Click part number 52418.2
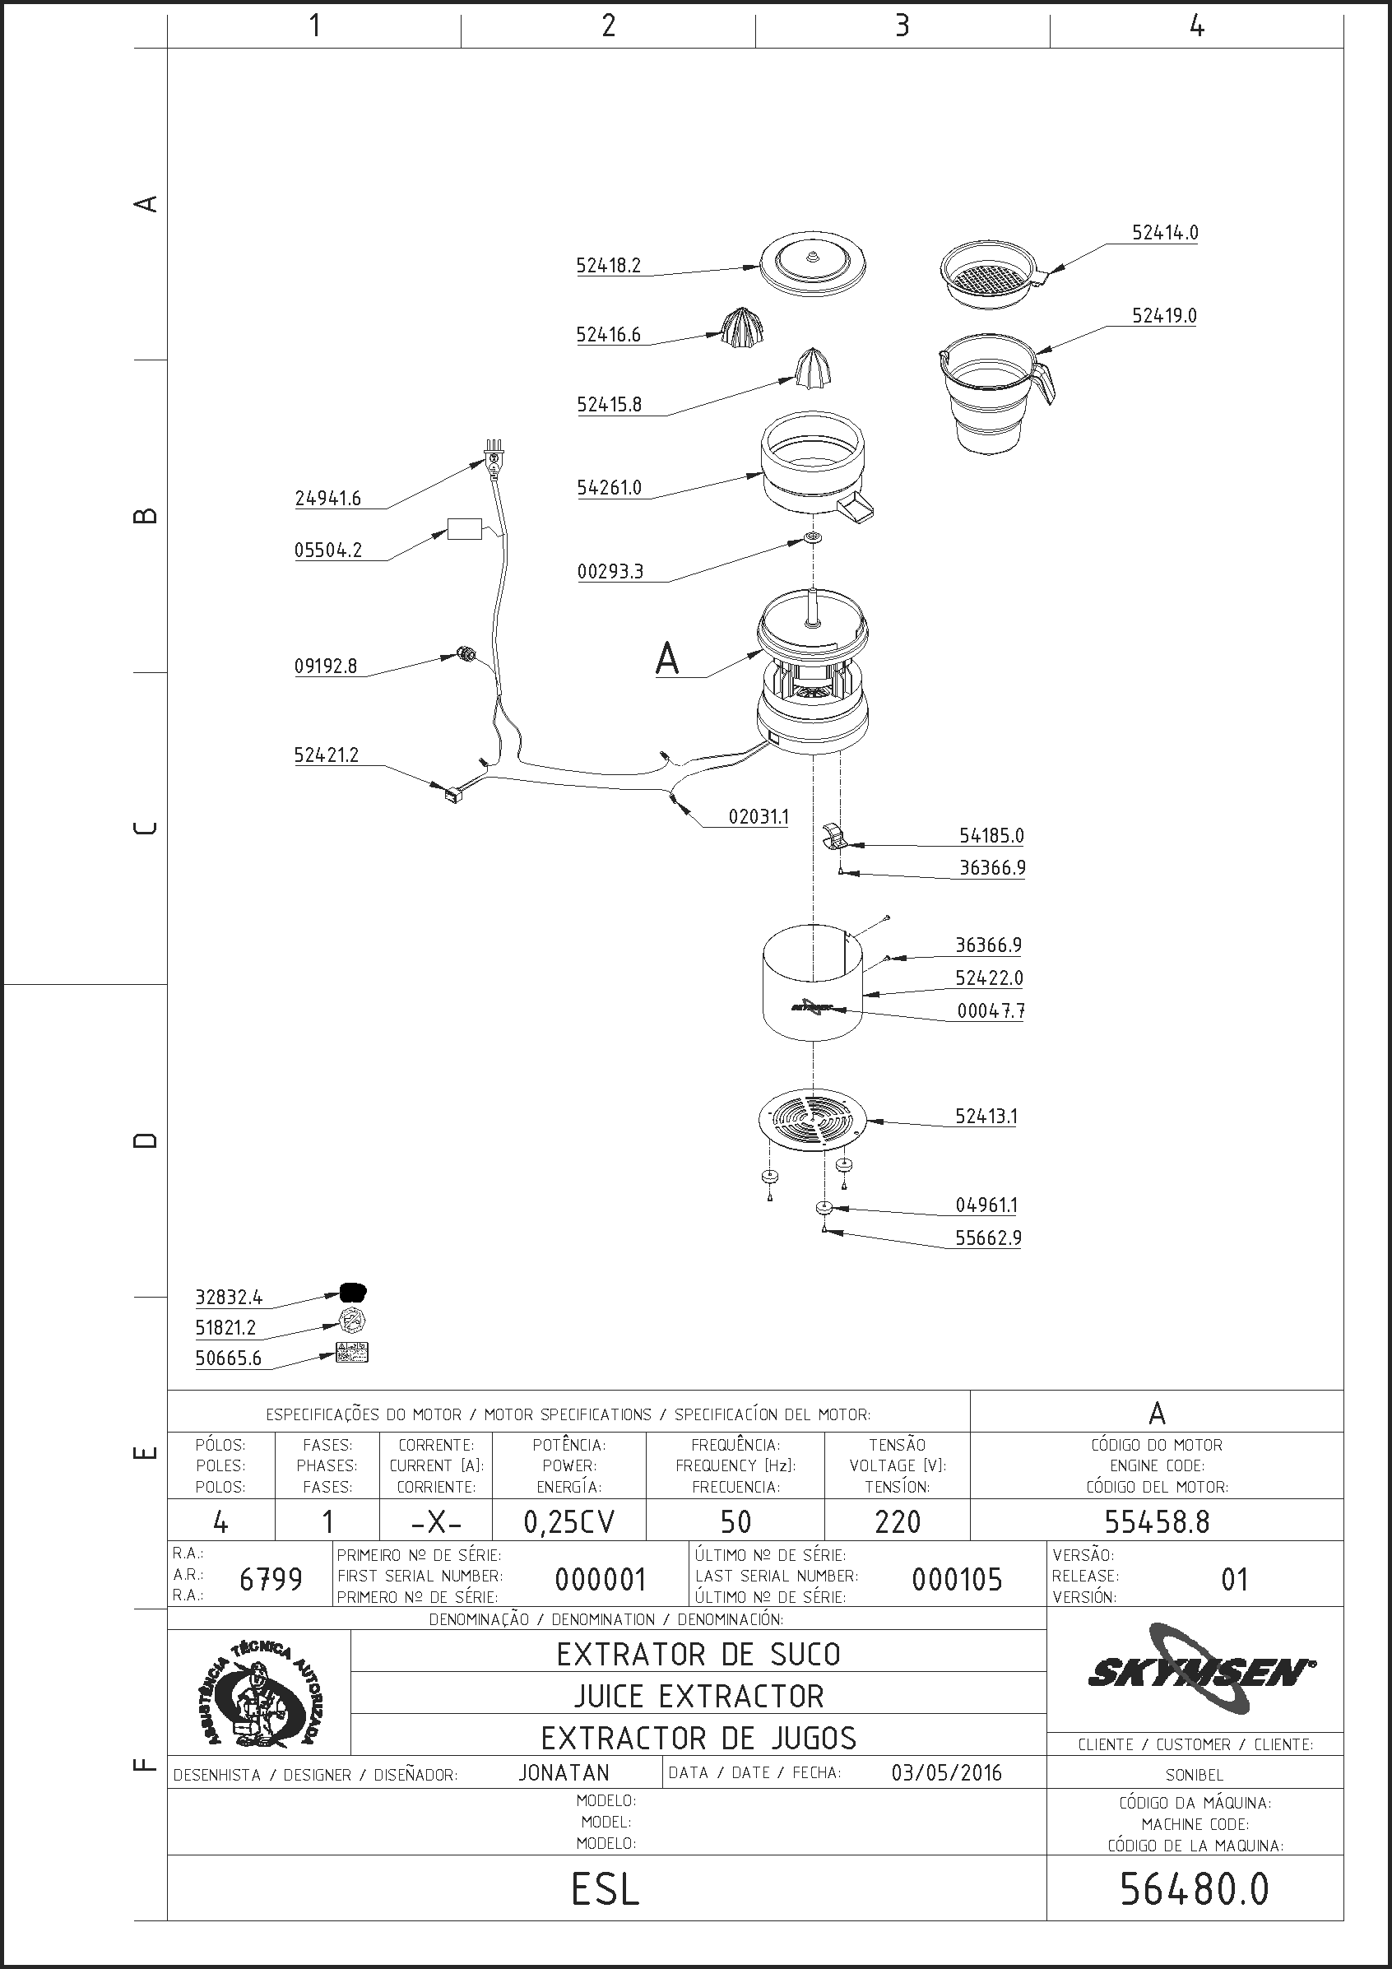pyautogui.click(x=608, y=266)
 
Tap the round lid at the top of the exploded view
pyautogui.click(x=812, y=264)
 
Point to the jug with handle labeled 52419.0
pyautogui.click(x=995, y=393)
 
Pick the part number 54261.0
pyautogui.click(x=609, y=488)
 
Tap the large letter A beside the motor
pyautogui.click(x=667, y=658)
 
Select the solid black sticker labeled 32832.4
pyautogui.click(x=354, y=1292)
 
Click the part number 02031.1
pyautogui.click(x=759, y=816)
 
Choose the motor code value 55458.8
pyautogui.click(x=1156, y=1521)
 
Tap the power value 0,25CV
pyautogui.click(x=569, y=1521)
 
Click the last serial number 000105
pyautogui.click(x=956, y=1579)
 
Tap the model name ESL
pyautogui.click(x=606, y=1890)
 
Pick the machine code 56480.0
pyautogui.click(x=1194, y=1889)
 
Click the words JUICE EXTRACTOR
pyautogui.click(x=699, y=1697)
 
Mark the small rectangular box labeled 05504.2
pyautogui.click(x=465, y=529)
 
